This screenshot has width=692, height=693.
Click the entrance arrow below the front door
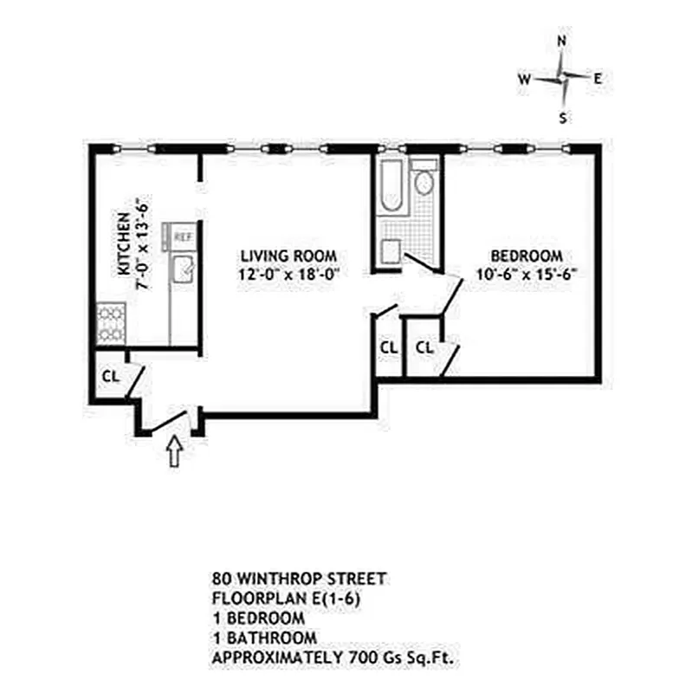(x=174, y=452)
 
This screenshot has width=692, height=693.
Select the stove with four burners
(x=109, y=323)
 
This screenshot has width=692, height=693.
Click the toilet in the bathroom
(x=424, y=181)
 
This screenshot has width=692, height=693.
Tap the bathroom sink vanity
(x=391, y=251)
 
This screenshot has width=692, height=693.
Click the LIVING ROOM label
(x=288, y=256)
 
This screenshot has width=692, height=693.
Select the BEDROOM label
(x=527, y=256)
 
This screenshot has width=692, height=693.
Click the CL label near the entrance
(x=111, y=377)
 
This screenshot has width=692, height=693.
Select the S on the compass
(x=563, y=119)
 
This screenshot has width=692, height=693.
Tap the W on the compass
(x=524, y=79)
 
